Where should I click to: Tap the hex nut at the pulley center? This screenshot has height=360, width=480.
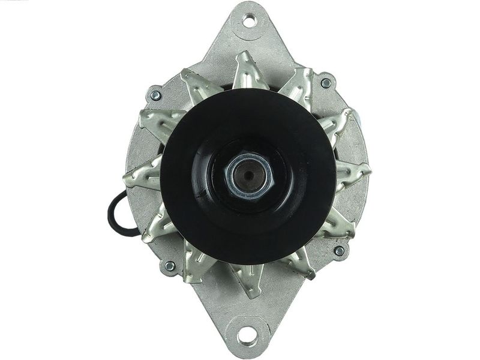point(248,176)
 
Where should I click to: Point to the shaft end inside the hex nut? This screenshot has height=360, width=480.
point(248,176)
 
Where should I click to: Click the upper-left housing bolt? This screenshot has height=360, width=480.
point(155,95)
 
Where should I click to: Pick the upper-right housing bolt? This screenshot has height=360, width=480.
point(326,83)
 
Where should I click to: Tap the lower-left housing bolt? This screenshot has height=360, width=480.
point(169,265)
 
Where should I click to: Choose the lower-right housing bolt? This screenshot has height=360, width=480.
point(339,250)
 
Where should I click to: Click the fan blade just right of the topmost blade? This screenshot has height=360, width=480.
point(299,85)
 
